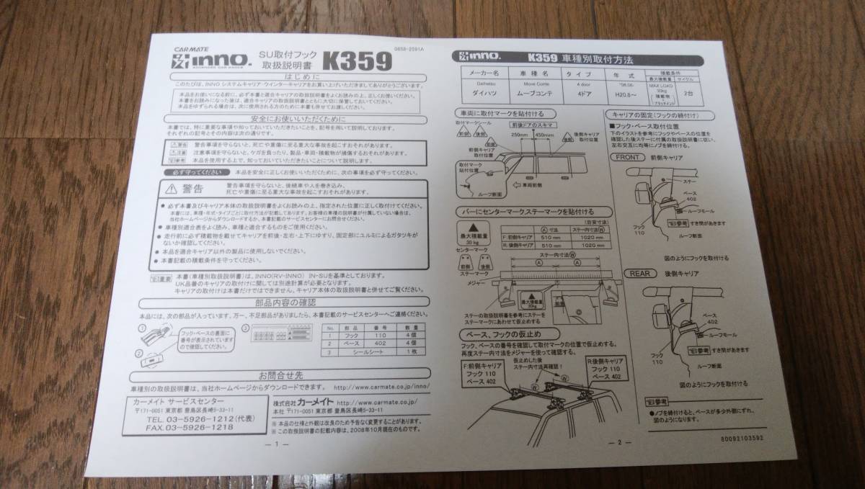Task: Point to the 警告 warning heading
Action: click(192, 189)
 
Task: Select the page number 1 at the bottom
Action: click(277, 444)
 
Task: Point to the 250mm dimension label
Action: click(520, 134)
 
